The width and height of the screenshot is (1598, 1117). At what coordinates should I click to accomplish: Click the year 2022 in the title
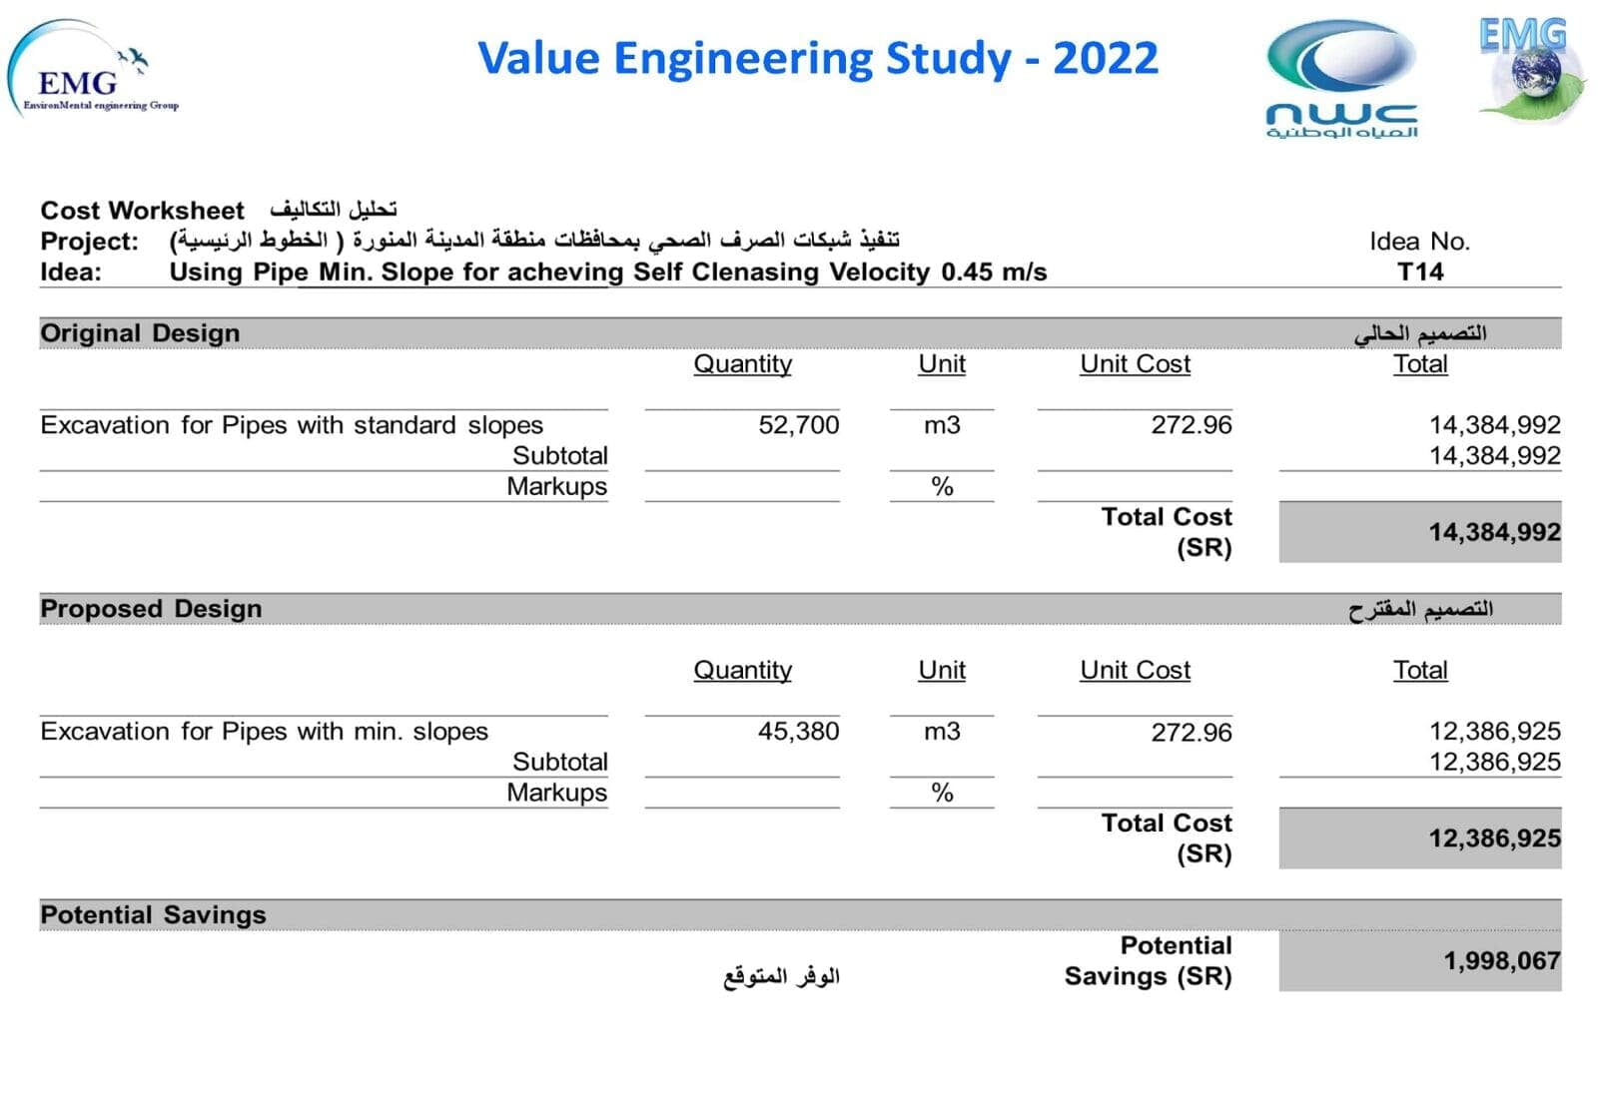[x=1105, y=58]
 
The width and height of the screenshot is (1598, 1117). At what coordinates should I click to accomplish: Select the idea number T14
[x=1419, y=272]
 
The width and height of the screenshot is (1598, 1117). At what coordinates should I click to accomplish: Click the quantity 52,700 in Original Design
[x=798, y=425]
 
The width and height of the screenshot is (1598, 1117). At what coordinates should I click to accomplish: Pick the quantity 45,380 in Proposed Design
[x=798, y=732]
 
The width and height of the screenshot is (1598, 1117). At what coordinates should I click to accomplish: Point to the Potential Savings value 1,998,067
[x=1501, y=961]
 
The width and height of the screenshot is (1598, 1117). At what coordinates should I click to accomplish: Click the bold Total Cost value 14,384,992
[x=1494, y=532]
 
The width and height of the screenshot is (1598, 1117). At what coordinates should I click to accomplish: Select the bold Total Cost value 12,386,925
[x=1494, y=838]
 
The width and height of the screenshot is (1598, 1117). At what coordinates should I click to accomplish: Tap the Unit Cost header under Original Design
[x=1135, y=364]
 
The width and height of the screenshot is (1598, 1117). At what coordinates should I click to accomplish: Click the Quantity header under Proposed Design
[x=742, y=671]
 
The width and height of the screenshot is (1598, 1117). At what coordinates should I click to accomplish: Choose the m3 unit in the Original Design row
[x=942, y=425]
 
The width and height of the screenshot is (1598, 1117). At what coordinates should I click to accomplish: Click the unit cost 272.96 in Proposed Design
[x=1191, y=733]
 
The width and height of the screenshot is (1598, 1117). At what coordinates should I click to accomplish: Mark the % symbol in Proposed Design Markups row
[x=942, y=794]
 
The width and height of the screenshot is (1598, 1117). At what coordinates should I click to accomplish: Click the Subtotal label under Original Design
[x=559, y=456]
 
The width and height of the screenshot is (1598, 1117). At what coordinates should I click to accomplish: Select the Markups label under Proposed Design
[x=556, y=793]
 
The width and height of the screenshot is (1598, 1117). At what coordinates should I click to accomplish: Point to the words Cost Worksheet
[x=142, y=211]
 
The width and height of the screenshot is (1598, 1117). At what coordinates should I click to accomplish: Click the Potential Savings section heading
[x=153, y=915]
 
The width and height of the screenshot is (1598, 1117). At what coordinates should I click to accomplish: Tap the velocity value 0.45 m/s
[x=994, y=272]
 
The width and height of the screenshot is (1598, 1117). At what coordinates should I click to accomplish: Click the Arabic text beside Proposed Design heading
[x=1420, y=609]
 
